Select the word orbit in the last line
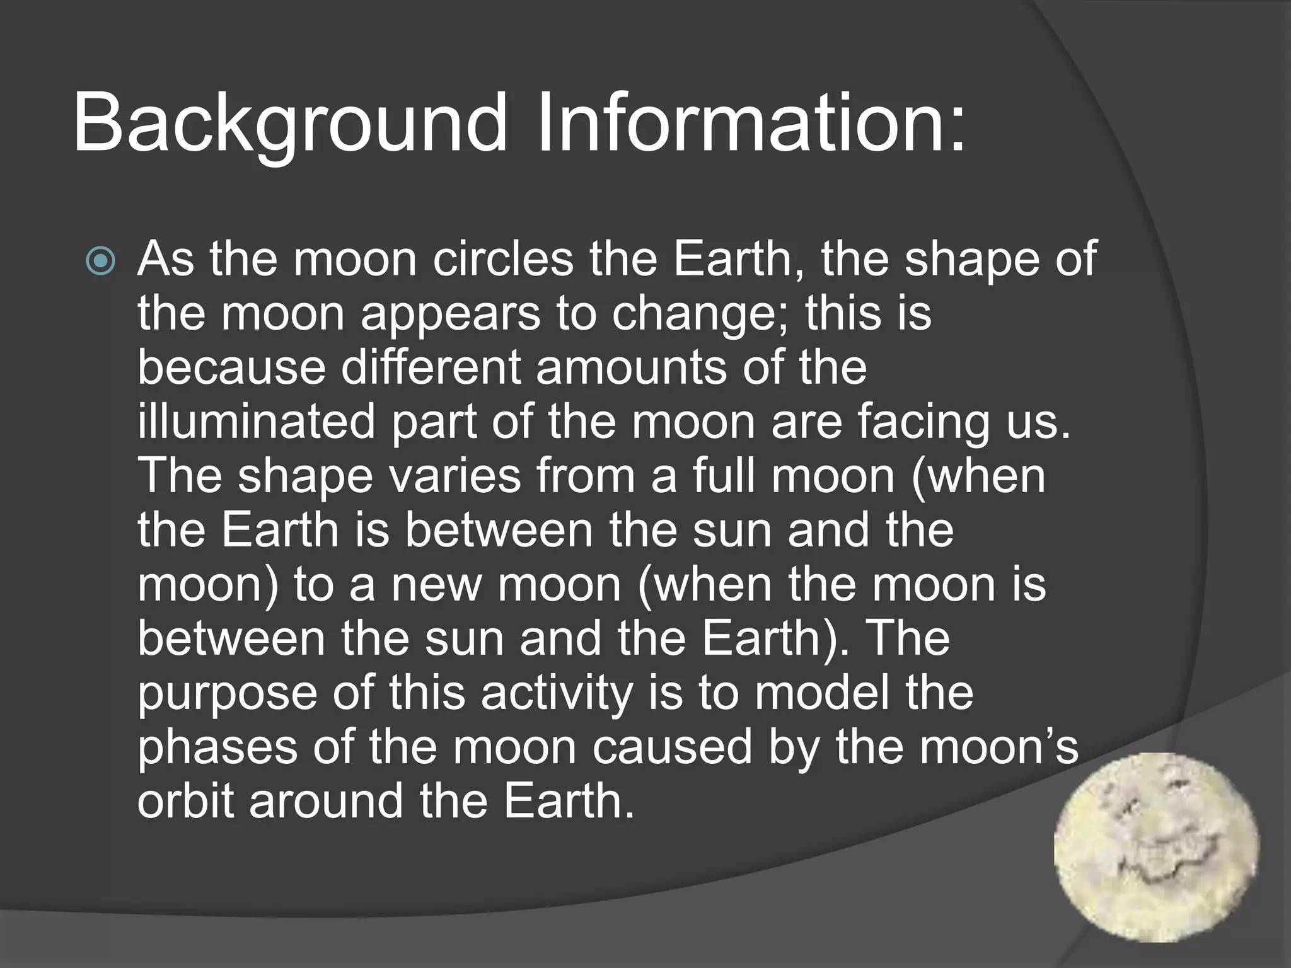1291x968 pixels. coord(185,801)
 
